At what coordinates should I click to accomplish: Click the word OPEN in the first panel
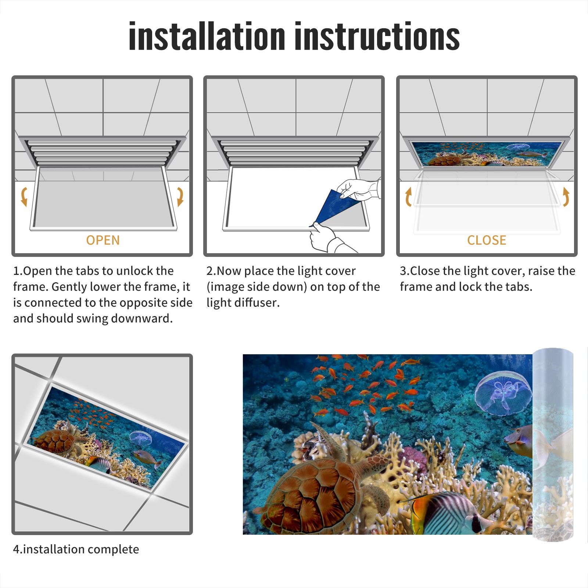[x=103, y=240]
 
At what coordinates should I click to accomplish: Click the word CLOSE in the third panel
[x=487, y=240]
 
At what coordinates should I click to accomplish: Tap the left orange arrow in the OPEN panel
[x=24, y=197]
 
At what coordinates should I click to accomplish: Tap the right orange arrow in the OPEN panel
[x=180, y=197]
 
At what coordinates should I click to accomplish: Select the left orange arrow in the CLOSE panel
[x=408, y=197]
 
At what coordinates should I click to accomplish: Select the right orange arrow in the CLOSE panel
[x=566, y=197]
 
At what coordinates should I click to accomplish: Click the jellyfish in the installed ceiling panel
[x=141, y=437]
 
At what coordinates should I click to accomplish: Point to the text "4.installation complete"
[x=76, y=549]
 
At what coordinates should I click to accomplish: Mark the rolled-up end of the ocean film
[x=553, y=445]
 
